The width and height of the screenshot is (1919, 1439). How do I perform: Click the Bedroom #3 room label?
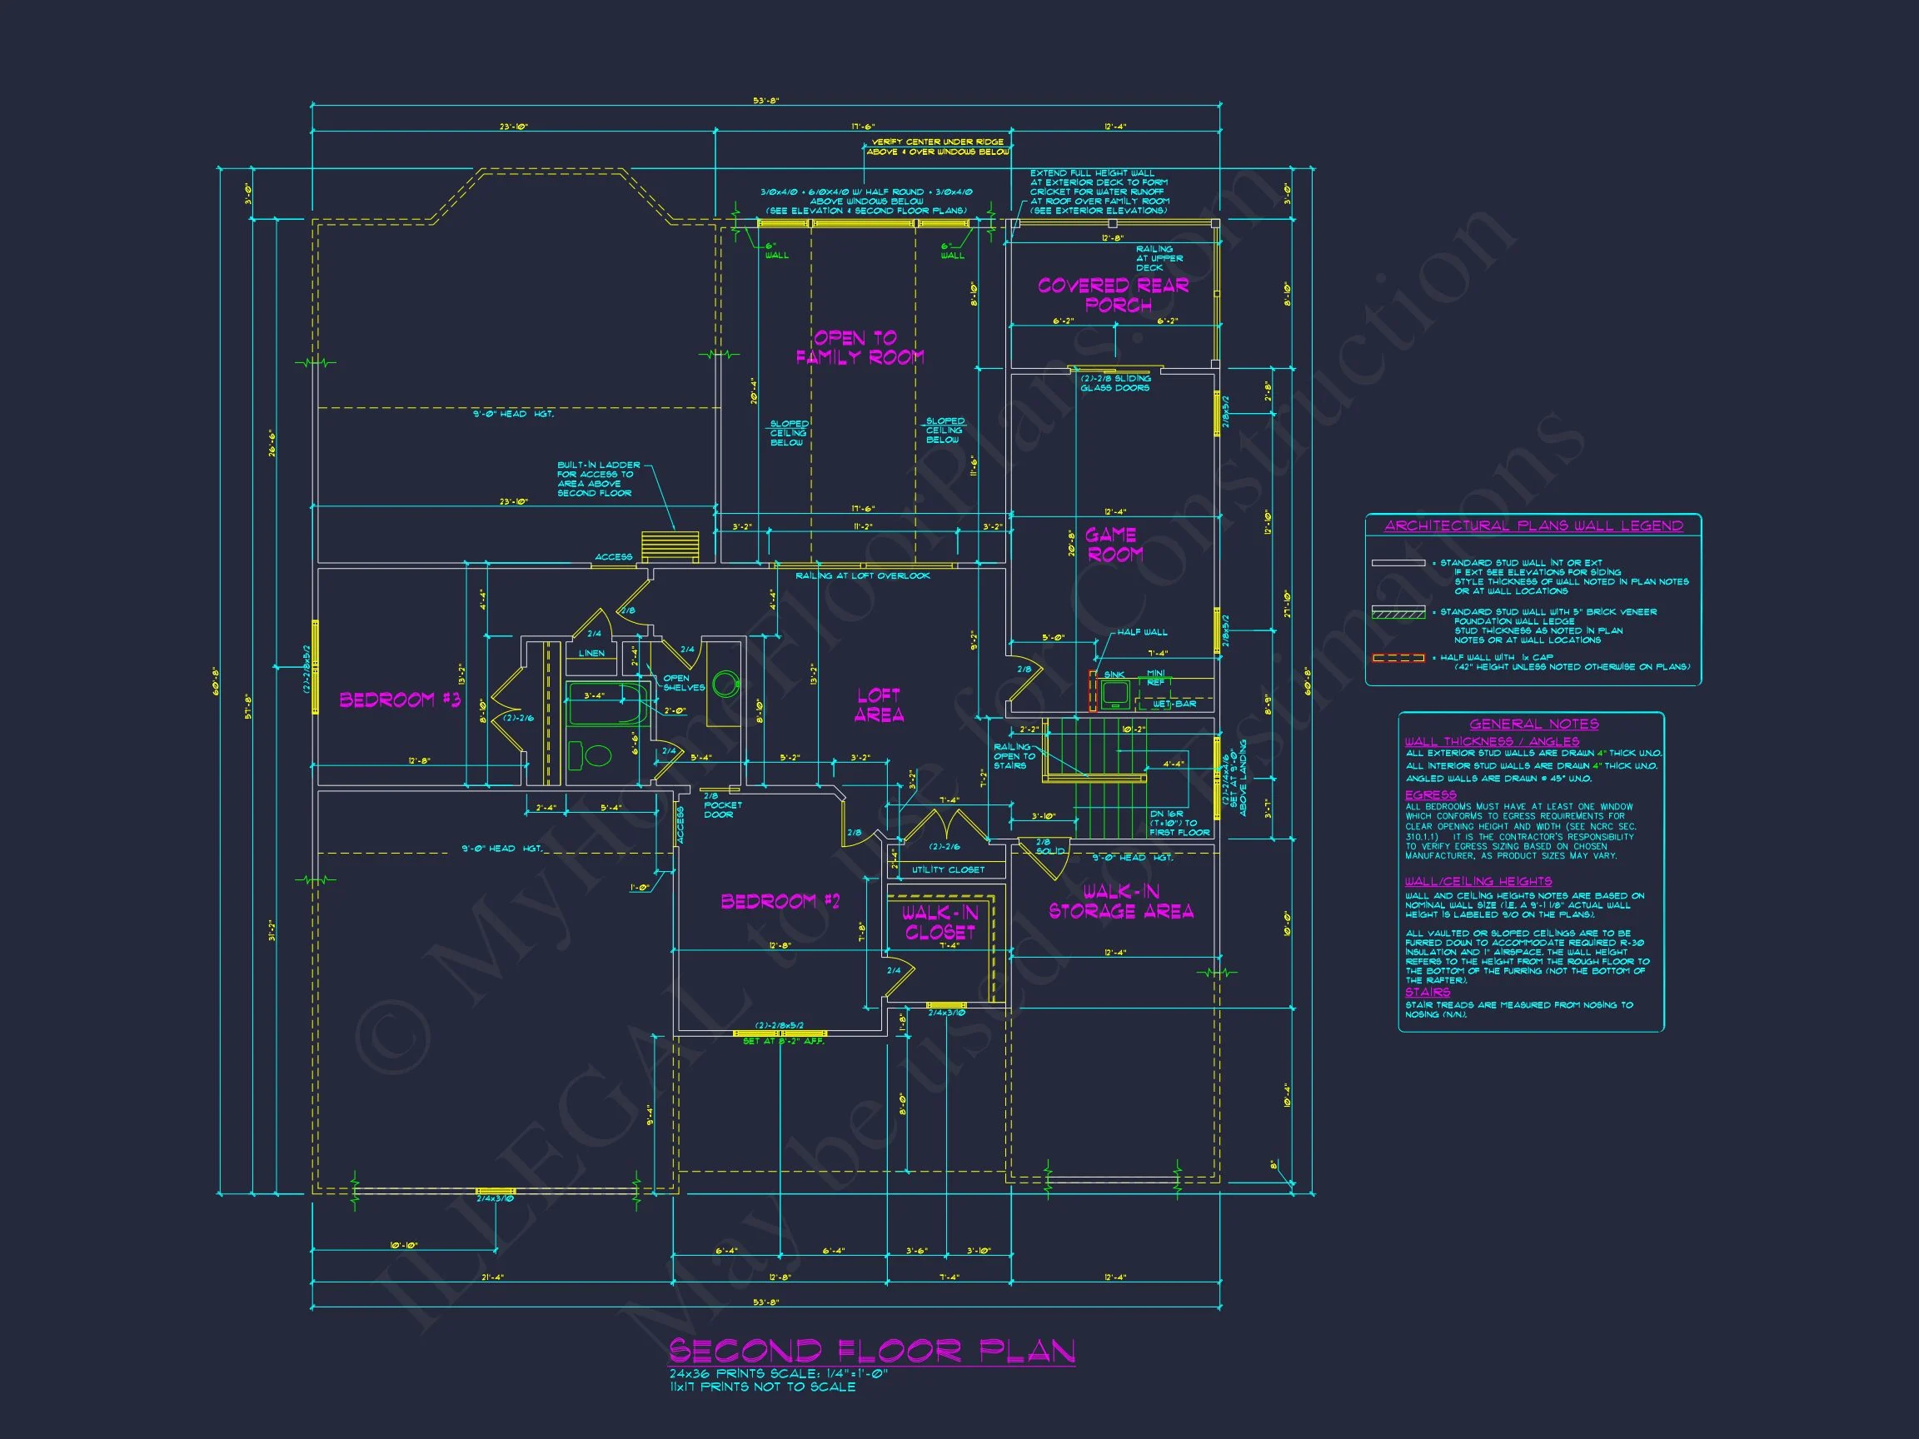(399, 700)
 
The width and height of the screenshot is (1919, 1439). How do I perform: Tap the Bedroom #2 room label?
(780, 901)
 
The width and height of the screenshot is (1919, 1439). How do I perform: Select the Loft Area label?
(879, 705)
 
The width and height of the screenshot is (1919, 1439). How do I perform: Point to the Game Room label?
(1113, 545)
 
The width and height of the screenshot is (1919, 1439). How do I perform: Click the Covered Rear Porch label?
(1113, 295)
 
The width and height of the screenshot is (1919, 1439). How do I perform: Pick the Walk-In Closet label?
(940, 922)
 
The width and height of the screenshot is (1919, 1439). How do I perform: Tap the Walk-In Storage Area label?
(1121, 901)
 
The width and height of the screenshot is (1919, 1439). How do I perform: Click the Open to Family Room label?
(859, 347)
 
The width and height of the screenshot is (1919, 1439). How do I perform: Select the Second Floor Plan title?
(871, 1352)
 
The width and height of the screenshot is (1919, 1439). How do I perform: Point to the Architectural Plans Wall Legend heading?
(1533, 525)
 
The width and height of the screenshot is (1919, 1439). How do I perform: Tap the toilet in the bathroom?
(591, 754)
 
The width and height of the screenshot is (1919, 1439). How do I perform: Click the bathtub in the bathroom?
(606, 704)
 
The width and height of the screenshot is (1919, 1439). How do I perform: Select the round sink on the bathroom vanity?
(725, 685)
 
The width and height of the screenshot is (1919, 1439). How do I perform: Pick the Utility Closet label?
(947, 869)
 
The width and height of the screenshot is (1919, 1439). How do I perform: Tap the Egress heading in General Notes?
(1431, 794)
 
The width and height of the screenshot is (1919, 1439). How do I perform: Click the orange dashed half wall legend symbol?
(1398, 659)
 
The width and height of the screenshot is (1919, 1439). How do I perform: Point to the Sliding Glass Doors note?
(1114, 382)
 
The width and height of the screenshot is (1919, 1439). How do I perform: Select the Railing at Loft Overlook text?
(862, 576)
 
